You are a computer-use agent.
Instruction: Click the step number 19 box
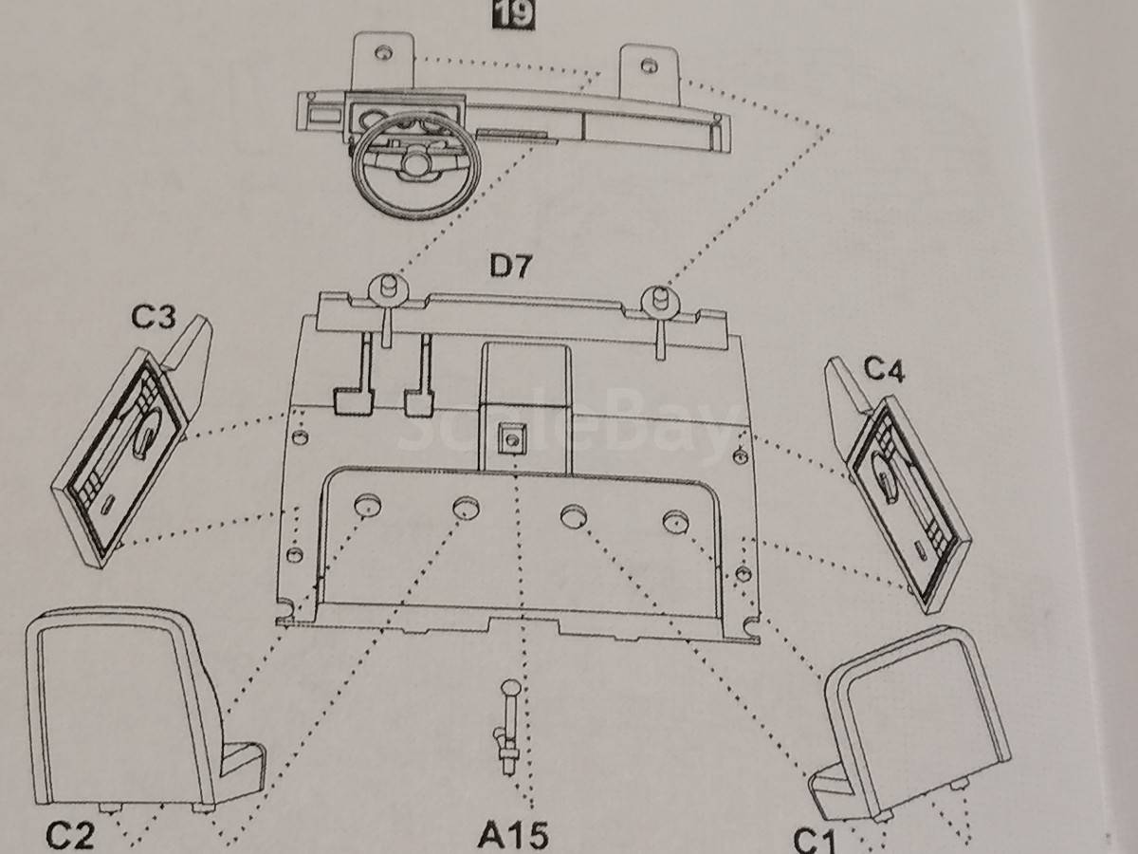coord(513,13)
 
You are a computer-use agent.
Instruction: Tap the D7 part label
coord(510,267)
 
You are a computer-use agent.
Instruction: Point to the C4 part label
coord(884,370)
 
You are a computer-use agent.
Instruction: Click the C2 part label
coord(71,835)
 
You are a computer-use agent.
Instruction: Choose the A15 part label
coord(512,835)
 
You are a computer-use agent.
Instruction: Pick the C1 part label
coord(814,840)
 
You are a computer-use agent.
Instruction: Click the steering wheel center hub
coord(413,163)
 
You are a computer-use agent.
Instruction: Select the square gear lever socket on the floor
coord(512,438)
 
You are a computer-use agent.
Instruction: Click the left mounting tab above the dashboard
coord(383,61)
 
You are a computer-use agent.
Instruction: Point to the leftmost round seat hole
coord(368,505)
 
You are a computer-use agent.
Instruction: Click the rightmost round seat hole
coord(676,521)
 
